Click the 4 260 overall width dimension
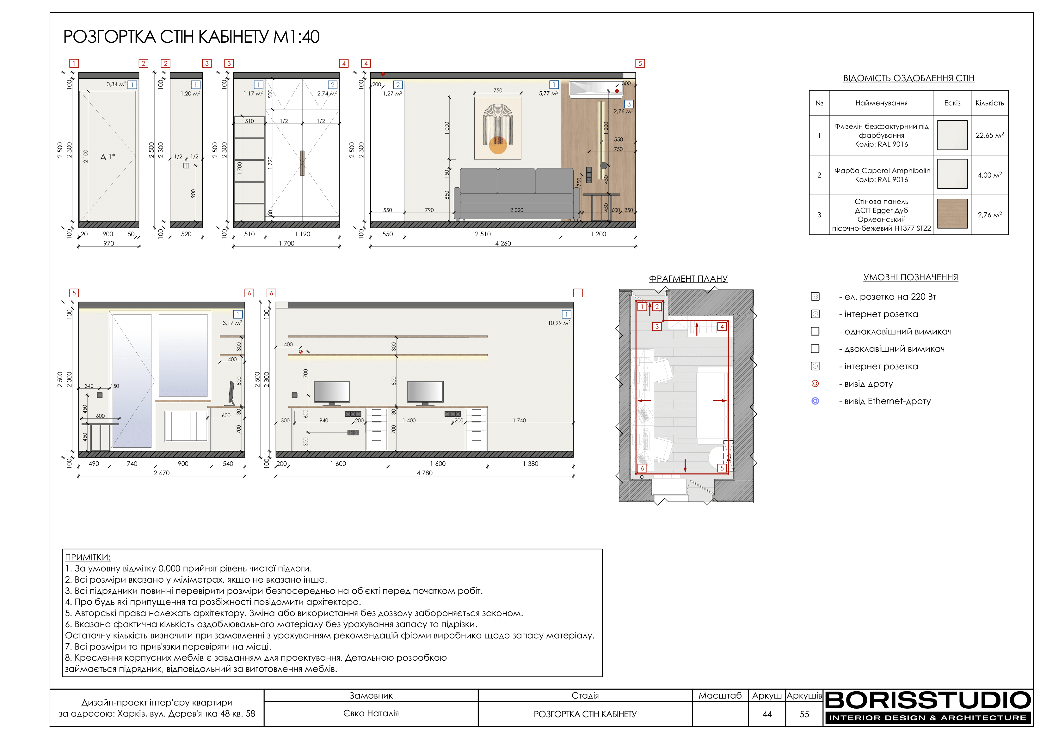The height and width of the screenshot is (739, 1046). [x=503, y=244]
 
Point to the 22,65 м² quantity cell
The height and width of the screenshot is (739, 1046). [x=989, y=135]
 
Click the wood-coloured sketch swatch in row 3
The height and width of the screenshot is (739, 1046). [x=952, y=214]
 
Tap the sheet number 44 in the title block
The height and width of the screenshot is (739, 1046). [x=767, y=714]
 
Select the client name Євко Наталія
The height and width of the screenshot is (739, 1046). [x=371, y=713]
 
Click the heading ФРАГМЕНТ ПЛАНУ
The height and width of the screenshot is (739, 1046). [x=688, y=279]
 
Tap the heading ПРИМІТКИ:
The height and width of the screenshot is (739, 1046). [x=88, y=557]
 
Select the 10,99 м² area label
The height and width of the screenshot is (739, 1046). [x=559, y=323]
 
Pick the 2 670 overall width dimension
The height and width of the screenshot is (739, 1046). [x=161, y=473]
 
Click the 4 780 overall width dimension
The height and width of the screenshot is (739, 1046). [x=425, y=473]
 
